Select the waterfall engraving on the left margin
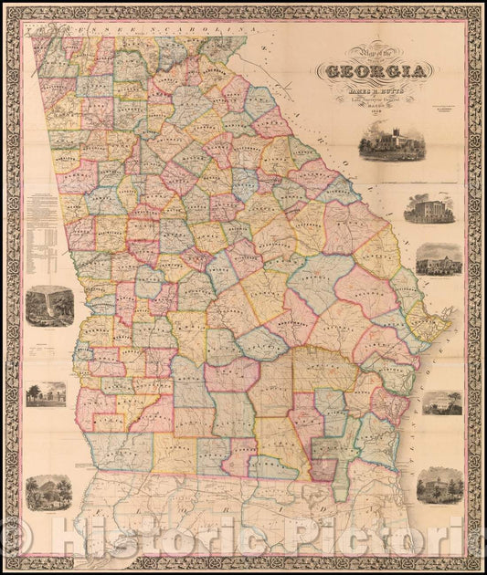[x=44, y=306]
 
